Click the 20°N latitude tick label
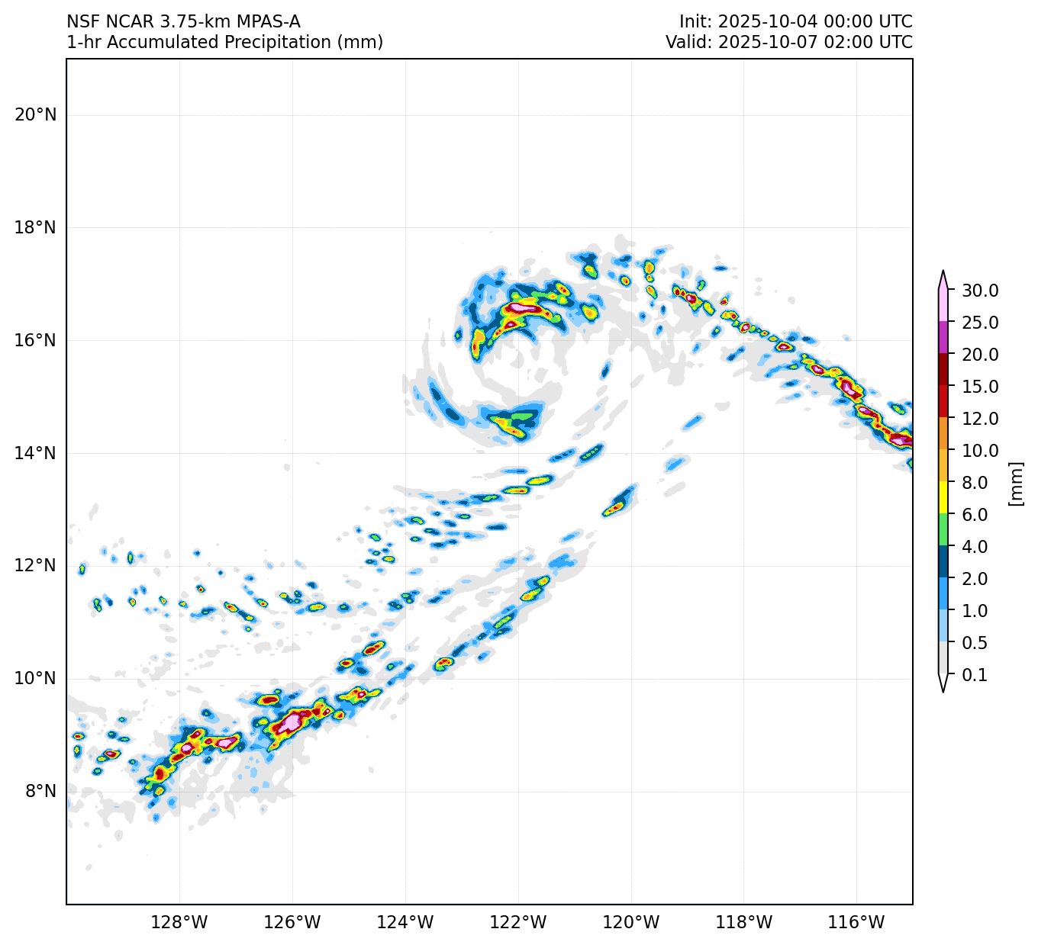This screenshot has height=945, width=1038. (x=35, y=115)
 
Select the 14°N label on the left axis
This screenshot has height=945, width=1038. (x=35, y=453)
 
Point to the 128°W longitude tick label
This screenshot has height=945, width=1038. (x=179, y=923)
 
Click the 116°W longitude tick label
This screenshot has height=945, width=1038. (x=857, y=923)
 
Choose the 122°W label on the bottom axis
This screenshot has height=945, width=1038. (x=518, y=923)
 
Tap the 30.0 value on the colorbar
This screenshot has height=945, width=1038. (x=980, y=291)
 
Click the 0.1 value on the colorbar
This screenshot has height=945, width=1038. (x=975, y=675)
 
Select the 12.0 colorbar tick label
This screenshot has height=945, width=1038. (x=980, y=419)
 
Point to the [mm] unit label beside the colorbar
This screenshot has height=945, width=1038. (x=1015, y=483)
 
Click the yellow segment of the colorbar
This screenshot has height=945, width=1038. (x=943, y=498)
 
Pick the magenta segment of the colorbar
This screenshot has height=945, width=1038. (x=943, y=337)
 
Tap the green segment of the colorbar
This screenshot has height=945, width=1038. (x=943, y=530)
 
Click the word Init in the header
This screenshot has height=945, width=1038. (x=694, y=22)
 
